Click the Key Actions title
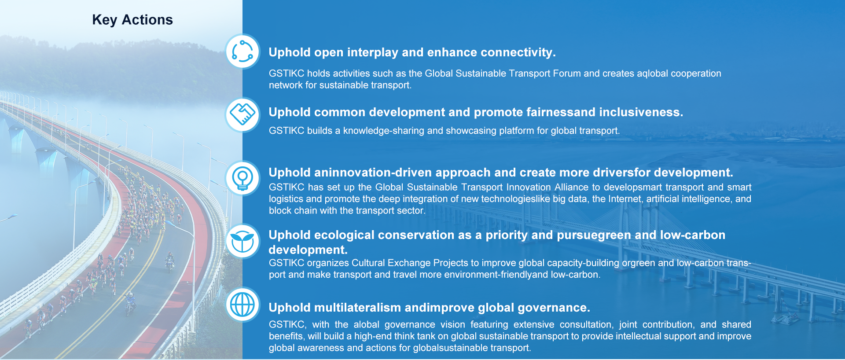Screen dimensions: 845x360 click(132, 20)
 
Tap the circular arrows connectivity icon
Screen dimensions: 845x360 click(242, 51)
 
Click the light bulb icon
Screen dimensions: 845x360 click(242, 178)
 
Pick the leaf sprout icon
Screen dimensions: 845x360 click(242, 241)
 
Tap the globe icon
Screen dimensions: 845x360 click(242, 305)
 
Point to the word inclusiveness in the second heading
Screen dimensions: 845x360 click(641, 112)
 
